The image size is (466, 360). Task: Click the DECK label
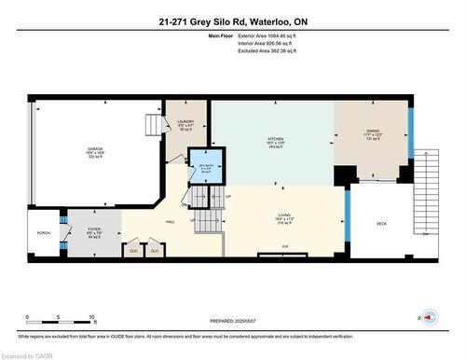(381, 224)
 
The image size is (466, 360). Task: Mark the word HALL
(171, 222)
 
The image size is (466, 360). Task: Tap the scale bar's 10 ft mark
(91, 318)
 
